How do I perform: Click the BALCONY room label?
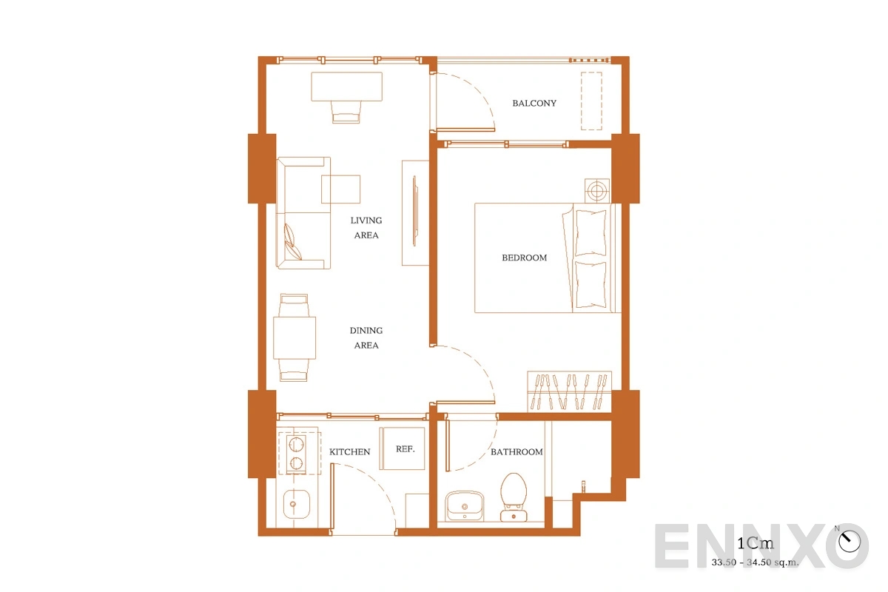tap(534, 103)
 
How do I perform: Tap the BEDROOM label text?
tap(524, 258)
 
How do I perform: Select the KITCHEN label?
tap(349, 451)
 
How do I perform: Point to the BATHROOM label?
tap(517, 451)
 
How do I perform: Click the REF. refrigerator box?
tap(403, 448)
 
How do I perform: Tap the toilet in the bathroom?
tap(514, 497)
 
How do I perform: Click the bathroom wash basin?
tap(464, 506)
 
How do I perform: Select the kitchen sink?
tap(297, 504)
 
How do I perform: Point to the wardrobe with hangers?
tap(569, 391)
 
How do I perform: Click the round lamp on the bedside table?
tap(597, 191)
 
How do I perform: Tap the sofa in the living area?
tap(303, 213)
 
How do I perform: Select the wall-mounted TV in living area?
tap(415, 211)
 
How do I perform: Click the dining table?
tap(295, 338)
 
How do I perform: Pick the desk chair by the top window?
tap(346, 112)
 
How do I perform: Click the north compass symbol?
tap(850, 541)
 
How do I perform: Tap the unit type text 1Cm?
tap(756, 543)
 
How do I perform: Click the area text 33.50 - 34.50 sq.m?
tap(755, 562)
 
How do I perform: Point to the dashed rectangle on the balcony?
tap(591, 101)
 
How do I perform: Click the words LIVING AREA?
tap(366, 228)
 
